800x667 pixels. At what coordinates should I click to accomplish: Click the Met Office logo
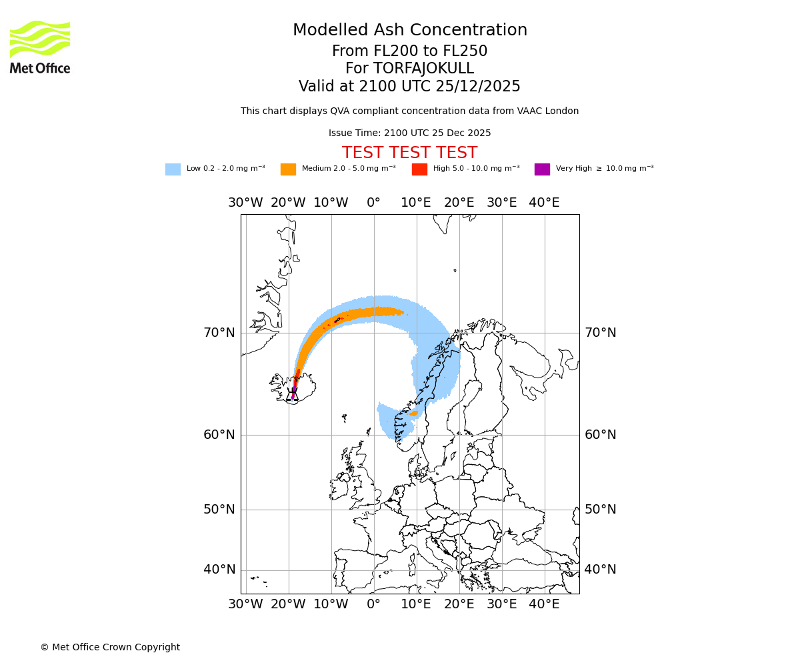point(40,47)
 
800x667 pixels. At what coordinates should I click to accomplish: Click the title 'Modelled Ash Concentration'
point(409,31)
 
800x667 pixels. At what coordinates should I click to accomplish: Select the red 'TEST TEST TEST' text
point(409,153)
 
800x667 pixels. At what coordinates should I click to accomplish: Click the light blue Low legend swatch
point(173,169)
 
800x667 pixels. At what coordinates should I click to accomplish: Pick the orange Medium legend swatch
point(288,169)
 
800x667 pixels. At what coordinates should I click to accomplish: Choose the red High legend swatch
point(419,169)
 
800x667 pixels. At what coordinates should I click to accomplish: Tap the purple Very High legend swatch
point(542,169)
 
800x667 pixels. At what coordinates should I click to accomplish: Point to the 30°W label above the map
point(245,203)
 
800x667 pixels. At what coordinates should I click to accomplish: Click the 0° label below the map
point(373,604)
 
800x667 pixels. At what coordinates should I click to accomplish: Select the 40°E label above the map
point(544,203)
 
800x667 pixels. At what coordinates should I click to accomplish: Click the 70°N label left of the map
point(219,333)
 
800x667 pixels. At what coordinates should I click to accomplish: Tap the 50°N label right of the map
point(600,510)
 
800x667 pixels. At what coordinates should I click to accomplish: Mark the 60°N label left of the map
point(219,435)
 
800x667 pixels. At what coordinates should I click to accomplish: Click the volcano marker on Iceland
point(293,392)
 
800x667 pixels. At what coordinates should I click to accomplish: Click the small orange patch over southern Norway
point(413,414)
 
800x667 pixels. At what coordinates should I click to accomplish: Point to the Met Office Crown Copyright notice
point(110,647)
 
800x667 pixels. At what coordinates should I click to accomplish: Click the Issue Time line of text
point(409,133)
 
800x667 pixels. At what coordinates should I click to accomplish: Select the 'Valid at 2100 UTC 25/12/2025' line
point(409,87)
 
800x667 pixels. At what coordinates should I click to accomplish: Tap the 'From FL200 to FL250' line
point(409,51)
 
